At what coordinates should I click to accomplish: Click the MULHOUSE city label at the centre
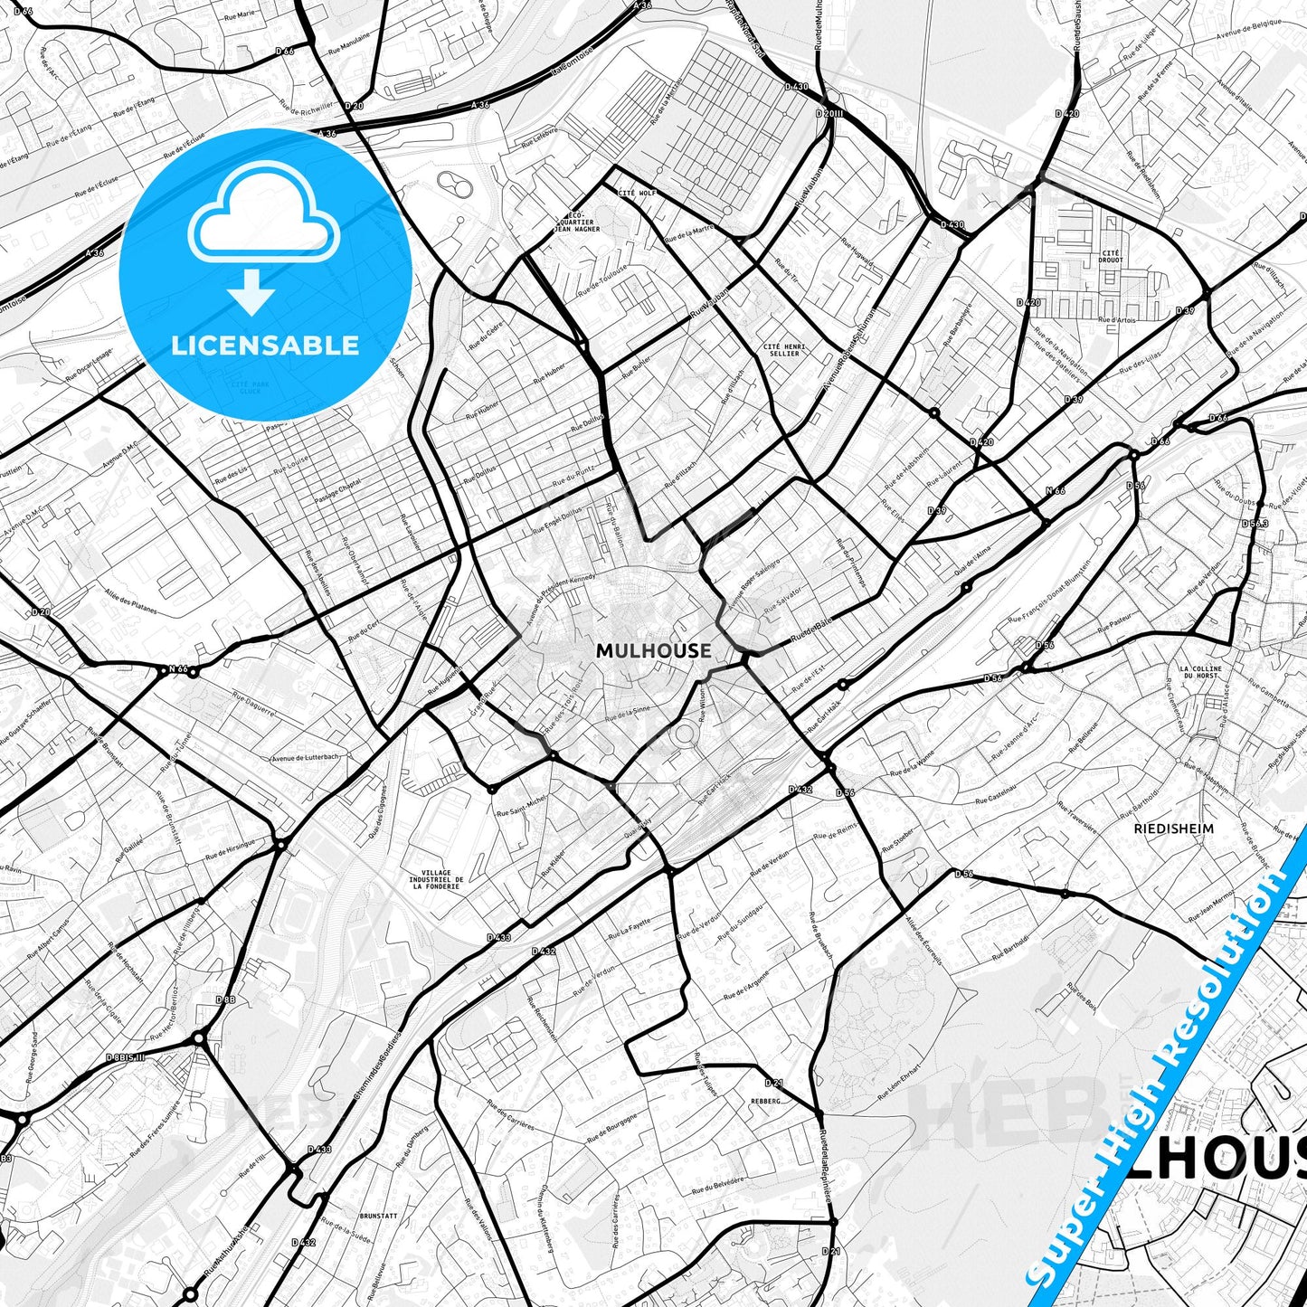point(654,650)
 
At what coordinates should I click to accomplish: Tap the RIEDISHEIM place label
point(1173,828)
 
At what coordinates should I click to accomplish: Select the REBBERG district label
point(763,1101)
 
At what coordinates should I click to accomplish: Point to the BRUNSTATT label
point(377,1217)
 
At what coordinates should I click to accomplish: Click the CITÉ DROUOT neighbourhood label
point(1111,256)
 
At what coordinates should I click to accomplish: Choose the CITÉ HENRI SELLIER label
point(783,350)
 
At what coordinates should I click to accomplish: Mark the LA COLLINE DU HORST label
point(1200,672)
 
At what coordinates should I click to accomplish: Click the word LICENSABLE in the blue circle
point(265,345)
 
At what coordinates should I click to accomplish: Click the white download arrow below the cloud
point(252,293)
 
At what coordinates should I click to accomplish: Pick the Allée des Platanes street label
point(131,598)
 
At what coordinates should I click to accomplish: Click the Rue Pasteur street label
point(1114,623)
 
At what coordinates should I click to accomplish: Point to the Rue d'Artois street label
point(1117,319)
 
